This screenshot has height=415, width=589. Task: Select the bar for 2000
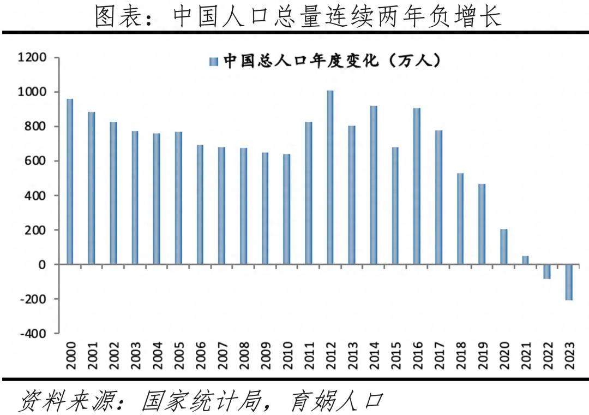pos(70,182)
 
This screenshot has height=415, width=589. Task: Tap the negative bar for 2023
pos(568,282)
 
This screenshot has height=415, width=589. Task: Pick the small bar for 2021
pos(525,260)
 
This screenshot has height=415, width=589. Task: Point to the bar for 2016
pos(417,186)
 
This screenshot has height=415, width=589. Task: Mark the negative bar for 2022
pos(546,271)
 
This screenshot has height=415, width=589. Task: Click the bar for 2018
pos(460,218)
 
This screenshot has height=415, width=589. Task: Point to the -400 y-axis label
pos(33,334)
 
